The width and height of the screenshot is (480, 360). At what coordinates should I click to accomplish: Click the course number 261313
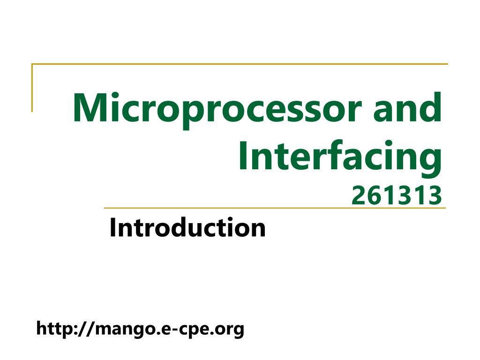click(397, 196)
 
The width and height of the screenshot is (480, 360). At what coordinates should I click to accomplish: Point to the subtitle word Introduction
click(187, 228)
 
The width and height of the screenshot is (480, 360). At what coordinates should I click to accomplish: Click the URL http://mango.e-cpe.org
click(140, 329)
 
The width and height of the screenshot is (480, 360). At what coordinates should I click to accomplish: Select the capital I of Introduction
click(112, 228)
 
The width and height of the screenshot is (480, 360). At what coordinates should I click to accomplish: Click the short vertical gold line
click(32, 88)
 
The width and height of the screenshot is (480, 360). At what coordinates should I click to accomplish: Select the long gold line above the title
click(239, 64)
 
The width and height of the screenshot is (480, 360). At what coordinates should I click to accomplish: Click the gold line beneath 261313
click(274, 208)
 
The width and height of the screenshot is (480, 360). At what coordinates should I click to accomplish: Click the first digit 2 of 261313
click(357, 196)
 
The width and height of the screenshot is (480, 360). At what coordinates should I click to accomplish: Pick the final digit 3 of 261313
click(436, 196)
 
